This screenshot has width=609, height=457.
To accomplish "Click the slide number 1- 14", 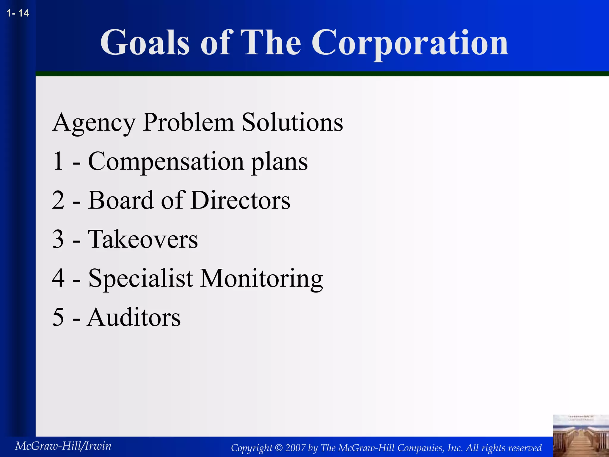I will point(18,13).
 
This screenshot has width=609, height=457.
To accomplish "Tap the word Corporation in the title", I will point(410,43).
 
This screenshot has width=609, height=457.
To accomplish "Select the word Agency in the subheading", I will point(93,123).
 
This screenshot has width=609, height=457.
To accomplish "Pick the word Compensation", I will point(166,162).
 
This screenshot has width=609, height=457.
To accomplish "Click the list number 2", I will point(58,200).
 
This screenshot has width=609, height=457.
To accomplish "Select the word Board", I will point(121,200).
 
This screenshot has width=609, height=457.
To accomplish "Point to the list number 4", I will point(58,278).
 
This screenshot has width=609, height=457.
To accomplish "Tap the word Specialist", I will point(141,278).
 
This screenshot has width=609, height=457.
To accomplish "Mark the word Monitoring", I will point(261,278).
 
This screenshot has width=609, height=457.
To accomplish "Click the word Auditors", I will point(134,317).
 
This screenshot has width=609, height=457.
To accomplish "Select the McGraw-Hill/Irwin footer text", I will point(63,446).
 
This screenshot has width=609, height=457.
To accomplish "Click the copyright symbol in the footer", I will point(279,448).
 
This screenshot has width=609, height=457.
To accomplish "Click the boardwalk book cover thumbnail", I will point(581,436).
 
